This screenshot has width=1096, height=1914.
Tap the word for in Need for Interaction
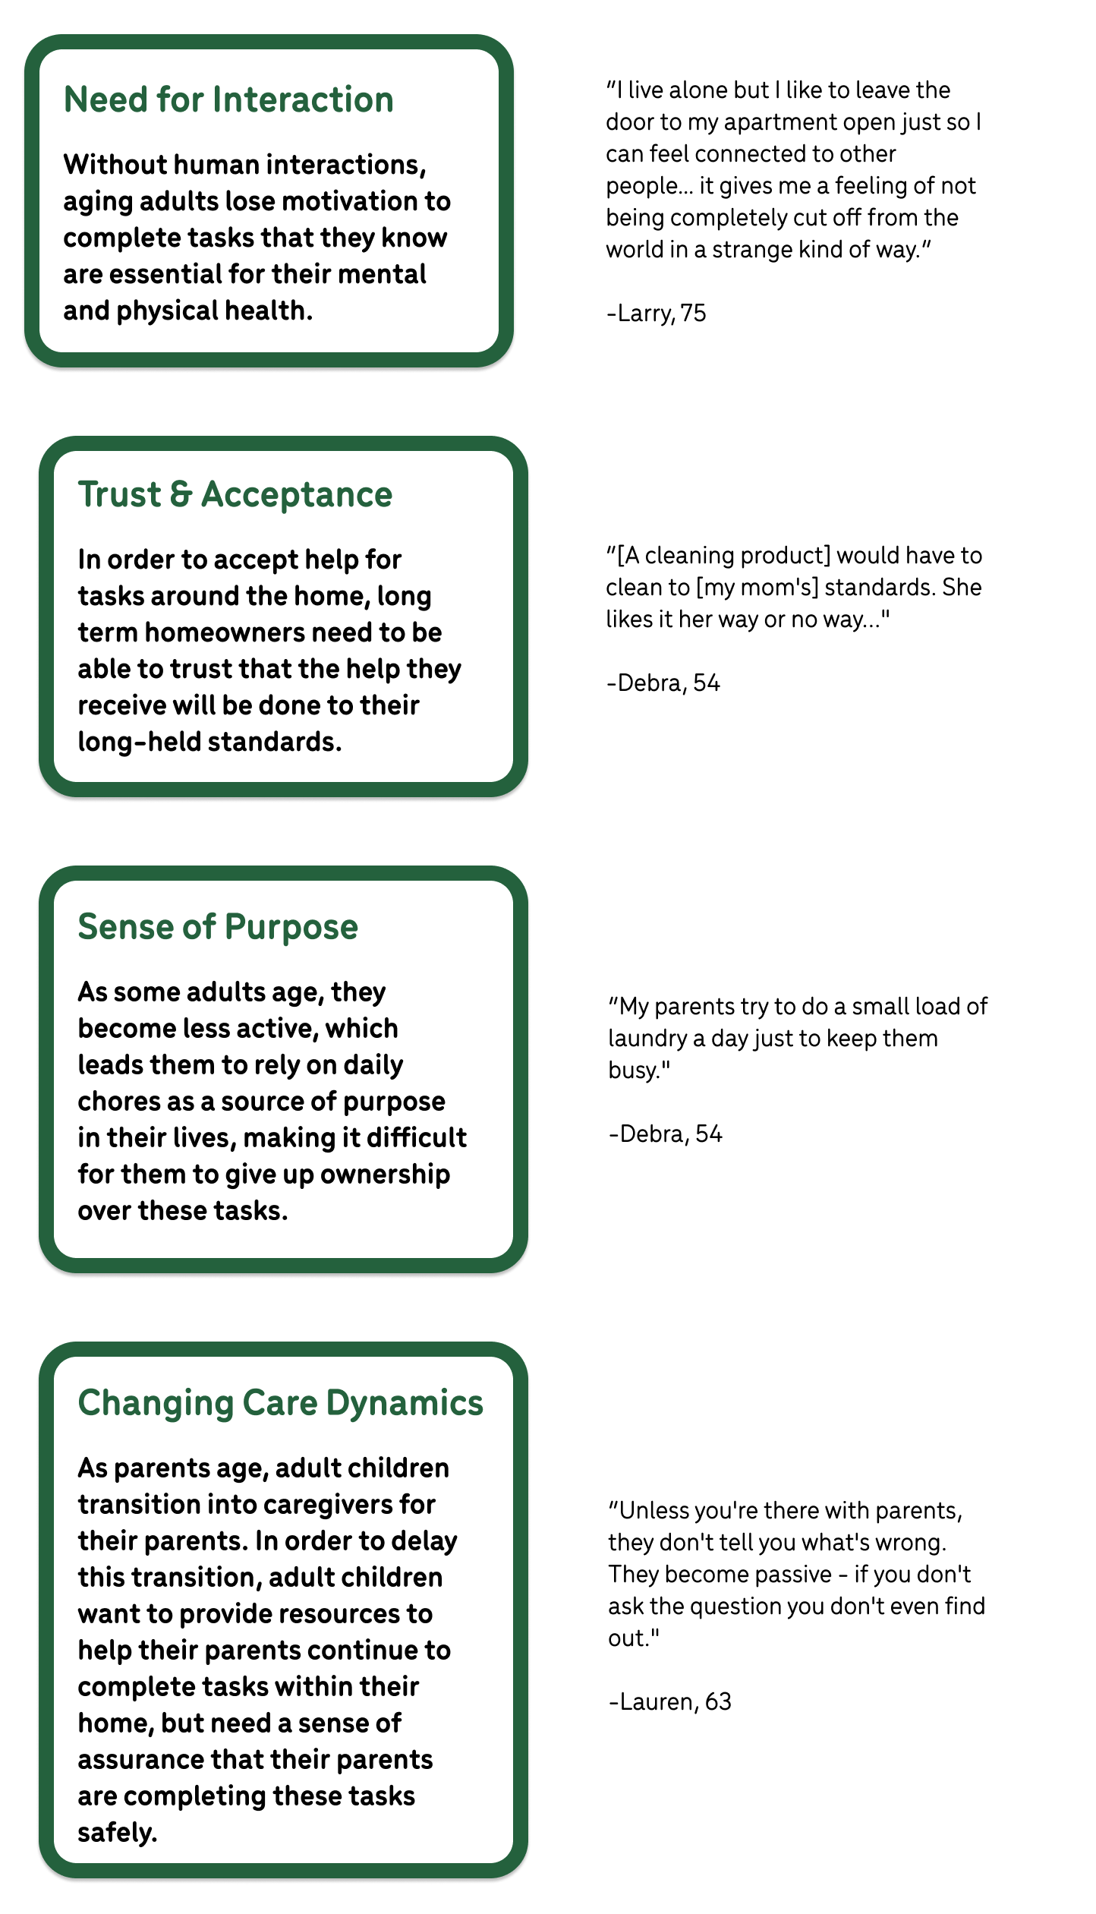click(x=179, y=100)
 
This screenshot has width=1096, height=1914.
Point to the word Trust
click(x=119, y=495)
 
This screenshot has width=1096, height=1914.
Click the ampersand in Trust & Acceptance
click(x=181, y=495)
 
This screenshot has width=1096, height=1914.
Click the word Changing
click(x=156, y=1404)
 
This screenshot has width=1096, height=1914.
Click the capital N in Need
click(x=74, y=100)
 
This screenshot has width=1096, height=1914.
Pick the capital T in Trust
click(x=88, y=495)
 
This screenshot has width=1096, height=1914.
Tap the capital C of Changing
click(x=89, y=1403)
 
